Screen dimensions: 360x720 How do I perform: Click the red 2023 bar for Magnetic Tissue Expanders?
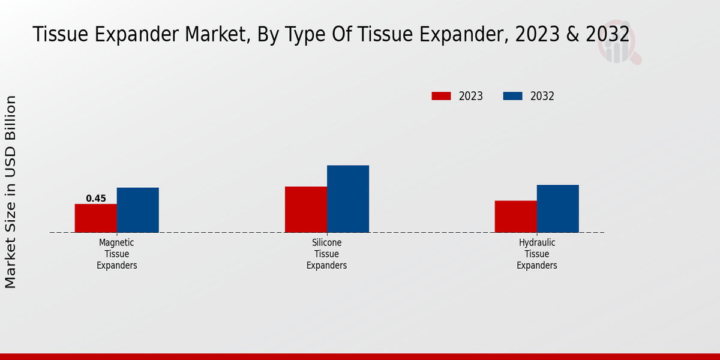click(x=95, y=218)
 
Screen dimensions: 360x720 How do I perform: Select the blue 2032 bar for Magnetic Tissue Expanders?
click(x=138, y=210)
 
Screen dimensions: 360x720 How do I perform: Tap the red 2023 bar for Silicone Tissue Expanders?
click(x=306, y=209)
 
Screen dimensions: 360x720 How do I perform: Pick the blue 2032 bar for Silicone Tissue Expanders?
click(x=348, y=199)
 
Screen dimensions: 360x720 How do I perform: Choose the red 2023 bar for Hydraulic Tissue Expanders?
click(x=515, y=217)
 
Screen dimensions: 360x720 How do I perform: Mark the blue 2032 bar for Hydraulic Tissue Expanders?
click(x=558, y=209)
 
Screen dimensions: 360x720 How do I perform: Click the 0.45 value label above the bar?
click(x=96, y=199)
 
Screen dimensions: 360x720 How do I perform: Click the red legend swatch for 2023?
click(x=441, y=96)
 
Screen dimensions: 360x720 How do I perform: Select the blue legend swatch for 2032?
click(x=512, y=96)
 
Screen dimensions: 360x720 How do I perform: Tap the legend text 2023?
click(x=471, y=96)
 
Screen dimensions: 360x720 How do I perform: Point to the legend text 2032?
click(x=542, y=96)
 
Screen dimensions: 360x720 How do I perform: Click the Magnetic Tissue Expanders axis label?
click(x=117, y=254)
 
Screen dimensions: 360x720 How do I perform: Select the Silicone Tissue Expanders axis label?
click(x=327, y=254)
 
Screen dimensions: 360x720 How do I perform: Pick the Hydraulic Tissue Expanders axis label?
click(x=537, y=254)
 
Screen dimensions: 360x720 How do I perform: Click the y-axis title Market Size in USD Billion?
click(x=11, y=192)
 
